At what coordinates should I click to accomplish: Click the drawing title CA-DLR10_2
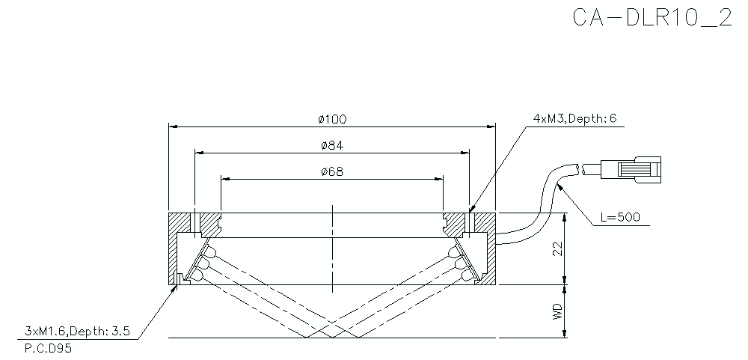point(652,19)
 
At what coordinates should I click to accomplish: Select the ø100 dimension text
point(332,119)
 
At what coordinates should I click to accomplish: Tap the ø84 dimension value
point(332,144)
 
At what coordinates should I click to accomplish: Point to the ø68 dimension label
point(332,171)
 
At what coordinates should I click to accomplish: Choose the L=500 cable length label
point(620,218)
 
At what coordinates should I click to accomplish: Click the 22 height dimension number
point(557,249)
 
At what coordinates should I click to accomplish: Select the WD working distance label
point(557,312)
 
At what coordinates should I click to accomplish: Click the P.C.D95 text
point(49,348)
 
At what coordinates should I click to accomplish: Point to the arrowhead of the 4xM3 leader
point(470,209)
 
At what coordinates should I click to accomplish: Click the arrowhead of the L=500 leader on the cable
point(560,184)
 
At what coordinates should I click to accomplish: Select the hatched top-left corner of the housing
point(179,222)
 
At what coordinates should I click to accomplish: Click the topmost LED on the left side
point(212,250)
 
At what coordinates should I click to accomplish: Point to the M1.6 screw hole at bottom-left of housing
point(179,280)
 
